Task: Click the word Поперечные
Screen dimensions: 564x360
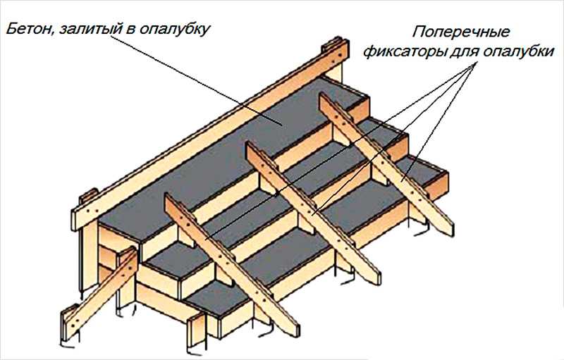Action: (461, 32)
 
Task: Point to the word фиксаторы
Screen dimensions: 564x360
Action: (404, 52)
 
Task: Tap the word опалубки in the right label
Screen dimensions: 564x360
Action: (518, 52)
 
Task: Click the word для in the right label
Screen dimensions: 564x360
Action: (464, 53)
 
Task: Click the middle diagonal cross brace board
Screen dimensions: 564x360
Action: (313, 213)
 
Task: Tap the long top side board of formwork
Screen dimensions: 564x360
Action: (210, 134)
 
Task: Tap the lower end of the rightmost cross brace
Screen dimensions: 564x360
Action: (447, 228)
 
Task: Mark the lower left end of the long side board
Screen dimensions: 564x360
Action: (78, 219)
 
